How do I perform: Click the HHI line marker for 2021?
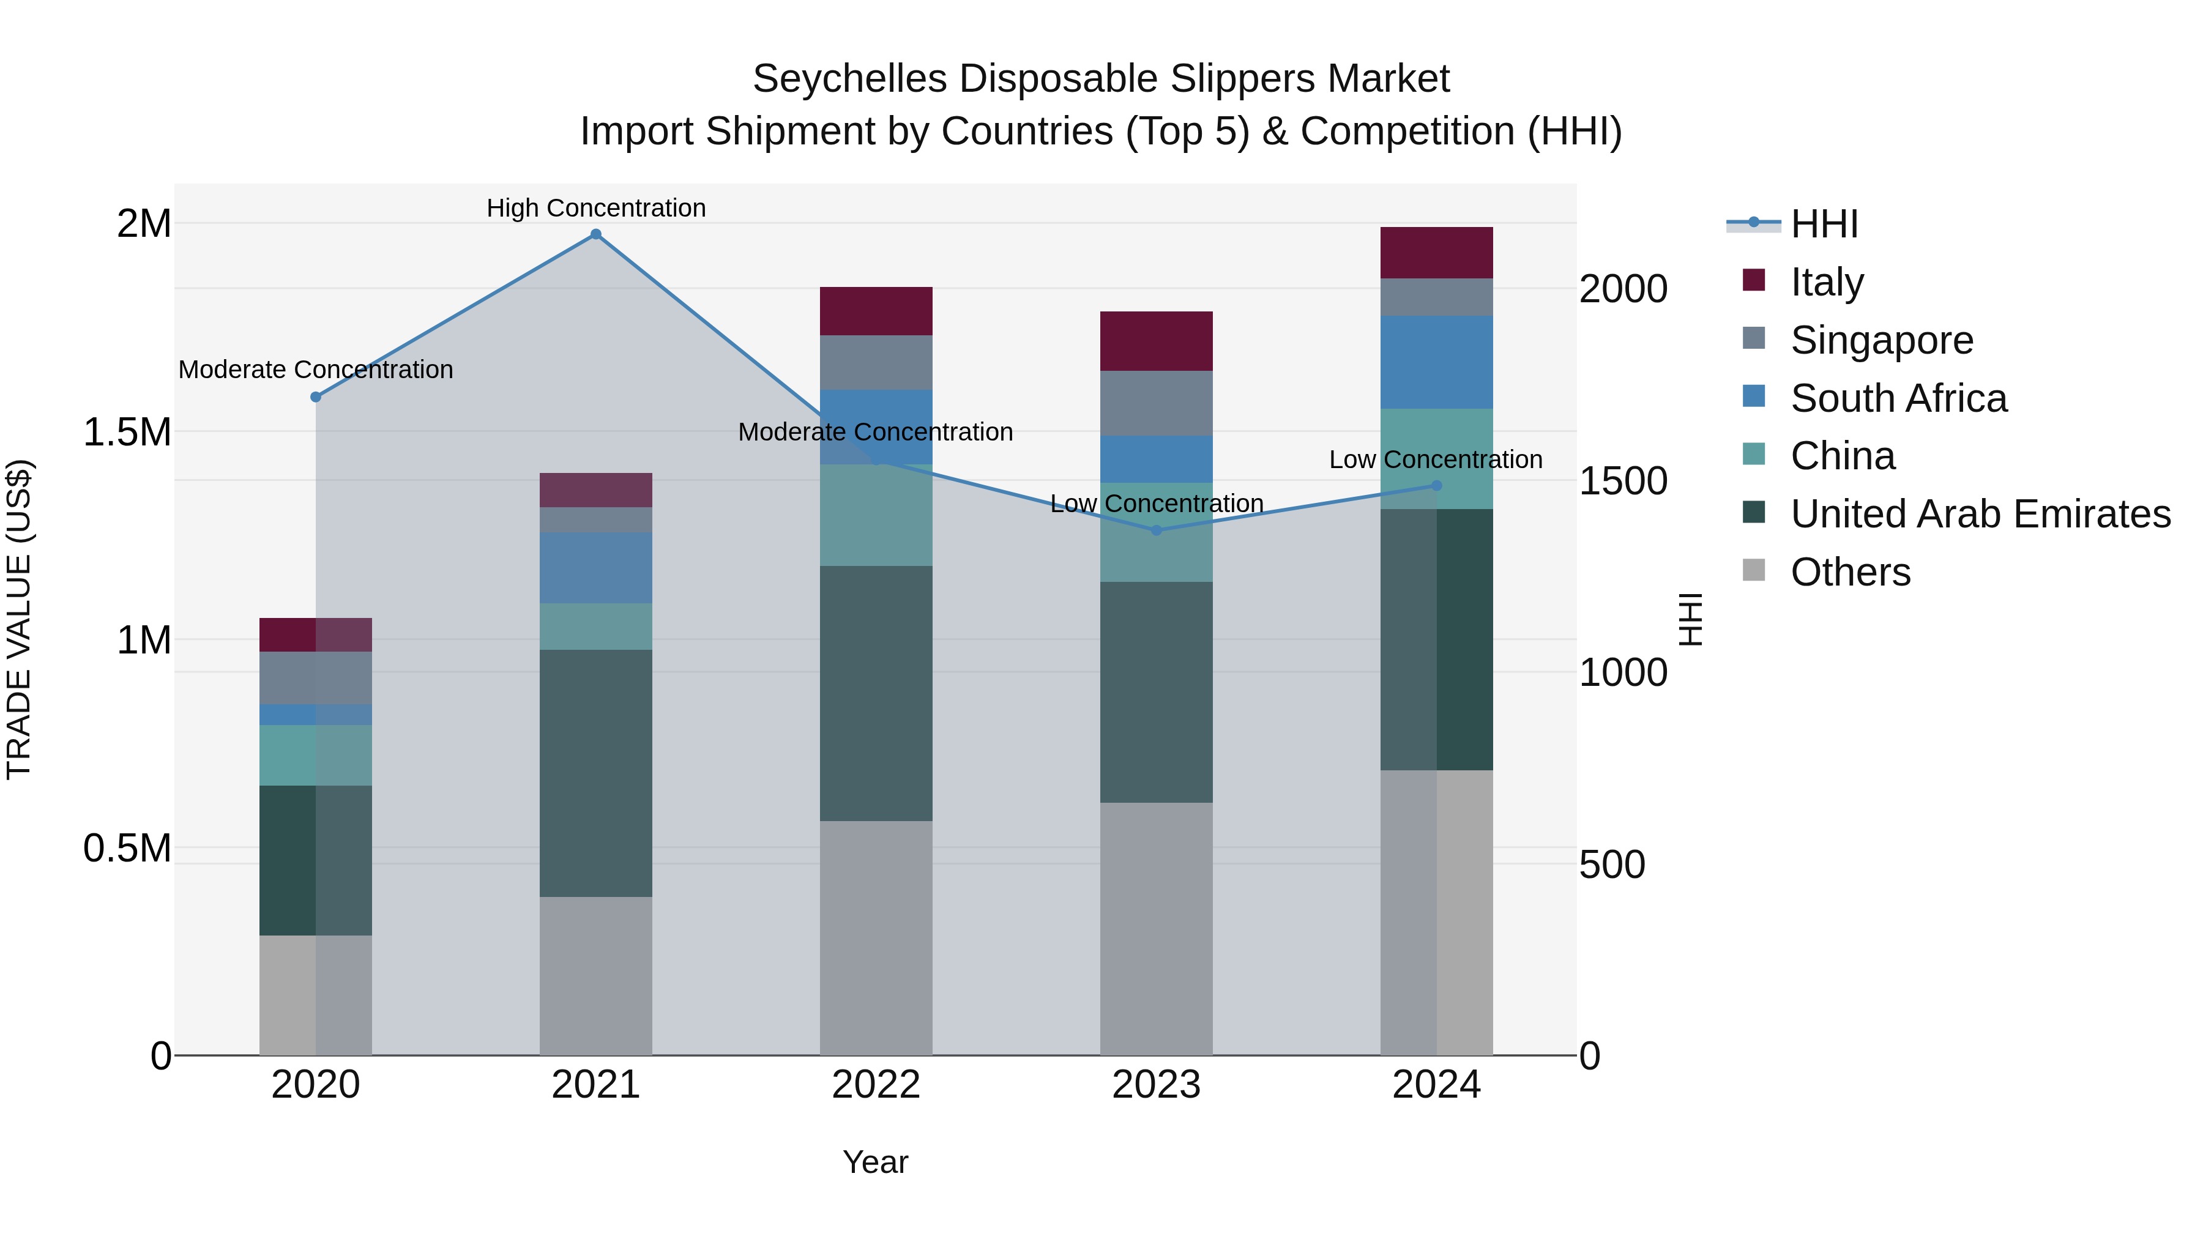(596, 234)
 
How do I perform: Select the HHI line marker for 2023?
(1156, 530)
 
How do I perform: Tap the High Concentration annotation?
(596, 208)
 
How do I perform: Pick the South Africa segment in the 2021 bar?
(596, 568)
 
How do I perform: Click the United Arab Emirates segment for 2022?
(876, 693)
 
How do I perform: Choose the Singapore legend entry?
(1882, 340)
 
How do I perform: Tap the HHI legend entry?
(1824, 224)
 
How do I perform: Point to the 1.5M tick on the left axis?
(127, 432)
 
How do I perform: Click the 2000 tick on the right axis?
(1622, 289)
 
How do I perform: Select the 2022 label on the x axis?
(876, 1085)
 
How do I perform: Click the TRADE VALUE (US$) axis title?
(19, 619)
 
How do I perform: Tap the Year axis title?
(875, 1162)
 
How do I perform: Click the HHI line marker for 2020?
(316, 396)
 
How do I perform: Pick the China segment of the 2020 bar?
(316, 755)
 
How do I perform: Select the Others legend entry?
(1850, 572)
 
